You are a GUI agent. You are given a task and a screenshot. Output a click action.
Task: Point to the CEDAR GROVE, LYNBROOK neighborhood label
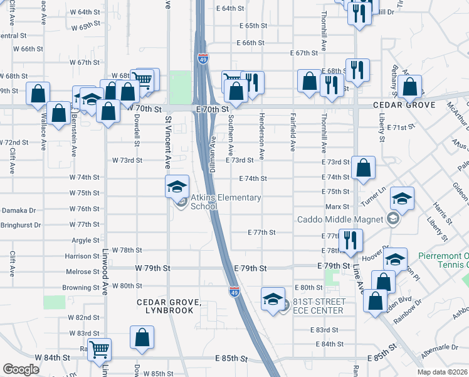point(169,307)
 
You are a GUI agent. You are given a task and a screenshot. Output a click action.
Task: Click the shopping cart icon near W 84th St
point(99,349)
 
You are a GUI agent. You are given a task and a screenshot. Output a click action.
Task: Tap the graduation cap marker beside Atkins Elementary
point(177,185)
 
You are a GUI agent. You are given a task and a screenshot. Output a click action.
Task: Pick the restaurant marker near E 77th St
point(350,239)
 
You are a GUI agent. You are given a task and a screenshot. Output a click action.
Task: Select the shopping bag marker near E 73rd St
point(364,168)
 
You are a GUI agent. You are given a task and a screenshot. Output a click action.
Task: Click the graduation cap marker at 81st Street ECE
point(273,298)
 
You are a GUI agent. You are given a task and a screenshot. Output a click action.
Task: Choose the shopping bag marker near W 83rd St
point(142,336)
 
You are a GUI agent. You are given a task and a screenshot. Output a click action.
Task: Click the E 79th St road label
point(251,268)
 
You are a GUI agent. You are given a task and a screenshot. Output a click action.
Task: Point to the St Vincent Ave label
point(168,142)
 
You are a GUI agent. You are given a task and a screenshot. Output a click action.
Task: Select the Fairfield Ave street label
point(293,132)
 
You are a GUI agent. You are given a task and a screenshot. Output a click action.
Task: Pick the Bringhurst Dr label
point(21,224)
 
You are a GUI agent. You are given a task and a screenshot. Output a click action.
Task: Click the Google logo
point(21,369)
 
